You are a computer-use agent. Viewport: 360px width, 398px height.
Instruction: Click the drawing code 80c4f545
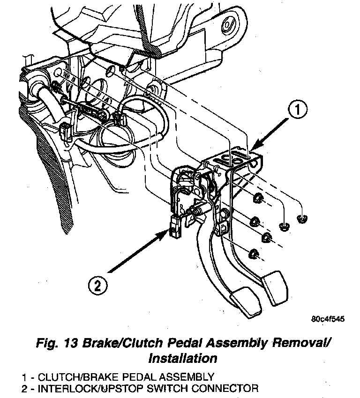(328, 320)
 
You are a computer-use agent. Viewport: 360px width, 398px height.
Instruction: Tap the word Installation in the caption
(182, 359)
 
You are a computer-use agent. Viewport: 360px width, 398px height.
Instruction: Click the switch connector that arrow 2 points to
(175, 228)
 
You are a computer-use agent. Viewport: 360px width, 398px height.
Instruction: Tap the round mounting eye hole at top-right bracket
(230, 22)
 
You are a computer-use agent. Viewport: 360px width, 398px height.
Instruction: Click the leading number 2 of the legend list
(23, 388)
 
